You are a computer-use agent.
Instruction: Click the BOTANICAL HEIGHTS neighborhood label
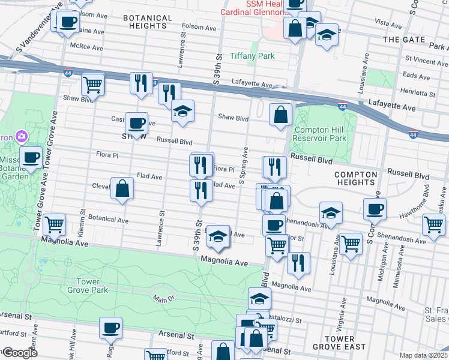(x=145, y=22)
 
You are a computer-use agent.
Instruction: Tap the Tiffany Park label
(x=252, y=56)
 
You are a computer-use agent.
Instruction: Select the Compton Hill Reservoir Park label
(x=321, y=134)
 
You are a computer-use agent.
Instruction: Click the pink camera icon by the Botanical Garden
(x=21, y=136)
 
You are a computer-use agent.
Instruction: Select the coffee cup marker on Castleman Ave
(x=136, y=124)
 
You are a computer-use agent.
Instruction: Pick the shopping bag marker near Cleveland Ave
(x=122, y=189)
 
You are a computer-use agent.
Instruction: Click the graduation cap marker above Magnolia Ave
(x=218, y=237)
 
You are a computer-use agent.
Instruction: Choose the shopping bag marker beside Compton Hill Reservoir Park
(x=280, y=115)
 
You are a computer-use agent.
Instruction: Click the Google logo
(x=19, y=353)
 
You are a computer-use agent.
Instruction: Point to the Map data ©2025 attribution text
(x=423, y=355)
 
